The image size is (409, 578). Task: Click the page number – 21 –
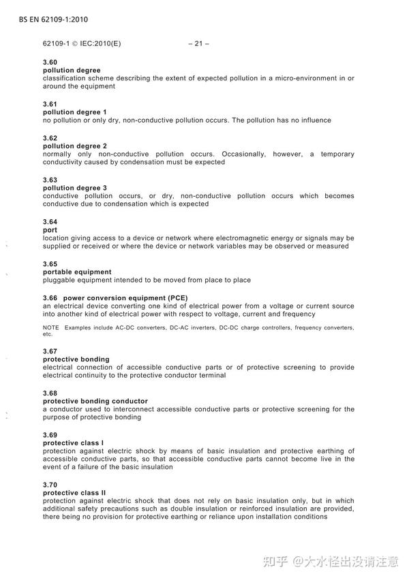tap(198, 44)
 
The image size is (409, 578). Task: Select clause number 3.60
tap(50, 63)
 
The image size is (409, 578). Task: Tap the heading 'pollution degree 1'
tap(74, 112)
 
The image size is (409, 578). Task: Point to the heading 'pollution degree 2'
tap(74, 146)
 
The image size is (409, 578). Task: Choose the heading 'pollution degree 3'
tap(74, 188)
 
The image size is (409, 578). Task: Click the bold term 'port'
tap(50, 230)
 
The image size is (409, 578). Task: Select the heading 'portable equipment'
tap(77, 272)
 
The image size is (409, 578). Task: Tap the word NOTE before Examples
tap(50, 328)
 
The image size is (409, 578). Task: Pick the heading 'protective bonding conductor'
tap(95, 401)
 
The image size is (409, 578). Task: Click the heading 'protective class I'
tap(73, 443)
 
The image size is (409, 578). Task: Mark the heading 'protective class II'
tap(74, 492)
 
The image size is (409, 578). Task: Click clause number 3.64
tap(50, 222)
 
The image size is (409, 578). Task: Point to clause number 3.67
tap(50, 351)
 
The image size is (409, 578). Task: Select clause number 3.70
tap(50, 484)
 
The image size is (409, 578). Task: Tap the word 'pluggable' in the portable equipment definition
tap(59, 280)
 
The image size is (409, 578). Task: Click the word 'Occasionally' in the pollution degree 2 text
tap(243, 154)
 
